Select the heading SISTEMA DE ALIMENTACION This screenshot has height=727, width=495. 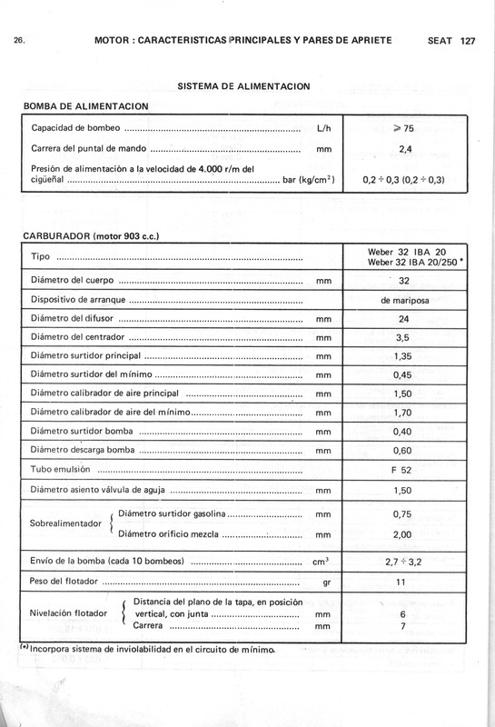tap(244, 85)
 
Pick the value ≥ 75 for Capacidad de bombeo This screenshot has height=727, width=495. tap(403, 129)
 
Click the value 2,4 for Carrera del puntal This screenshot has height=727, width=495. tap(403, 149)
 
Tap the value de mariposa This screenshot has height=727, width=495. tap(403, 300)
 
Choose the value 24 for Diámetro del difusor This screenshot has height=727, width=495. tap(403, 319)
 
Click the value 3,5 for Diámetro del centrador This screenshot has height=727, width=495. tap(403, 338)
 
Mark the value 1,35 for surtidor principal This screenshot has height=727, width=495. tap(403, 357)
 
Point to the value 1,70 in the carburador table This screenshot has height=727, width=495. tap(403, 413)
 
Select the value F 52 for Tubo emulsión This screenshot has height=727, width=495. tap(403, 471)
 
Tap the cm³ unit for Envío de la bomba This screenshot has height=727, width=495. tap(322, 561)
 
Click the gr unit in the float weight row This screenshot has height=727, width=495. tap(322, 581)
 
